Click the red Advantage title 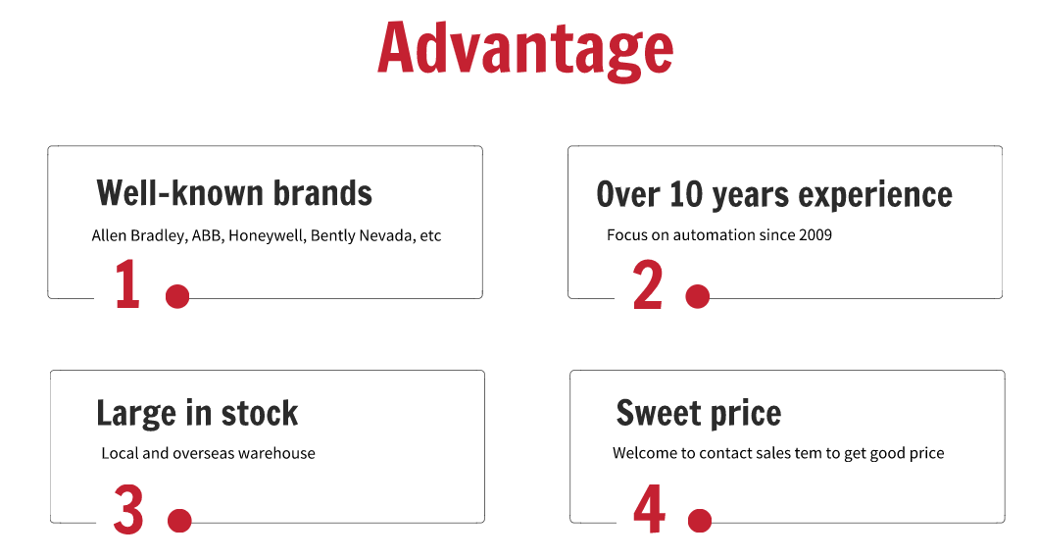coord(525,50)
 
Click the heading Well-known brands coord(234,193)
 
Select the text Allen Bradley coord(138,235)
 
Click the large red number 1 coord(127,283)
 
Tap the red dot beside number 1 coord(177,296)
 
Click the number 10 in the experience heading coord(685,194)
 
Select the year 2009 coord(815,234)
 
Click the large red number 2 coord(648,284)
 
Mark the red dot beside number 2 coord(698,296)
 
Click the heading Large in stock coord(197,414)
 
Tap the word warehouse coord(276,454)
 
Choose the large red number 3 coord(128,509)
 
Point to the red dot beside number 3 coord(180,521)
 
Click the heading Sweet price coord(699,414)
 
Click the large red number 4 coord(650,508)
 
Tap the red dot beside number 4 coord(700,521)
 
